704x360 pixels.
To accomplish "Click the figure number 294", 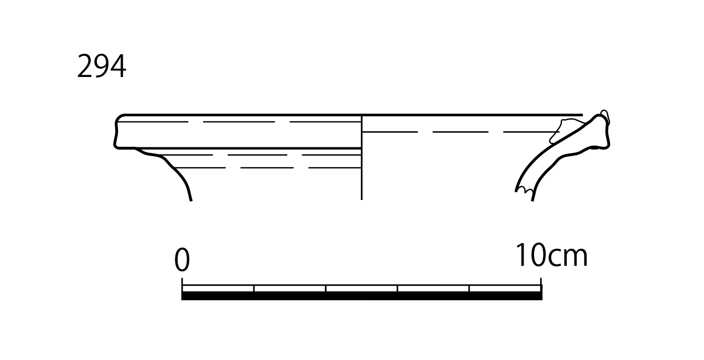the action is (101, 66).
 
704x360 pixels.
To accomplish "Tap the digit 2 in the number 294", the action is (85, 66).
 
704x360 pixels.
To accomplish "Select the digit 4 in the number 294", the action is (118, 66).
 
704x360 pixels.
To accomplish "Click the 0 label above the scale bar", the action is (182, 259).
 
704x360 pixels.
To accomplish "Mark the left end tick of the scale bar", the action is (182, 285).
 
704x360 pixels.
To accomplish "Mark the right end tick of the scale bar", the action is (541, 285).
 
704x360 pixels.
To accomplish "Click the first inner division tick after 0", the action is (254, 289).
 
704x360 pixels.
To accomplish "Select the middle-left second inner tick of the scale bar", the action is (326, 289).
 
